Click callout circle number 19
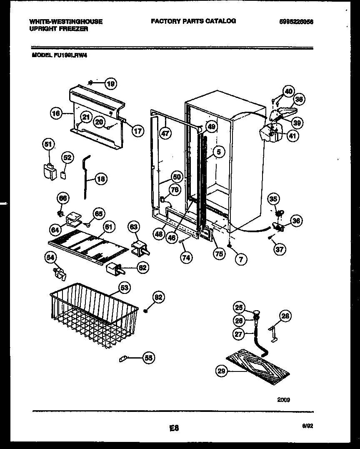click(x=110, y=84)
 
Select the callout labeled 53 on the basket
click(x=124, y=287)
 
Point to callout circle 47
click(x=165, y=133)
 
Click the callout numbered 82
click(x=158, y=297)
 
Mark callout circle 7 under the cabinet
click(x=241, y=259)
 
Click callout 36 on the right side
click(x=297, y=221)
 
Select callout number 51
click(x=49, y=145)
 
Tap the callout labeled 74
click(x=186, y=258)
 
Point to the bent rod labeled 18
click(x=86, y=175)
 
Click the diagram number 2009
click(x=284, y=399)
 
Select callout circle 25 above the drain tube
click(x=238, y=308)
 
